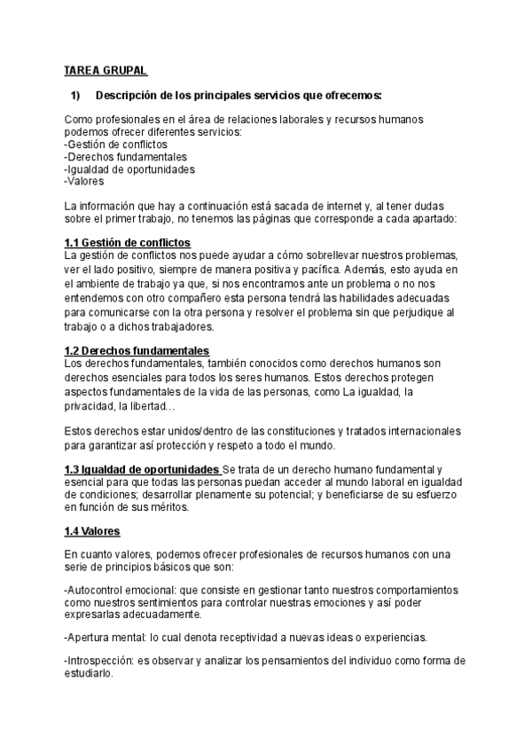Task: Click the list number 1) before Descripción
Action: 75,96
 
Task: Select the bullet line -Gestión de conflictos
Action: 116,144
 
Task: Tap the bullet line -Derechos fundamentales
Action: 126,156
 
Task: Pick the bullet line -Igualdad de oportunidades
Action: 129,168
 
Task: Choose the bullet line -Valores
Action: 85,181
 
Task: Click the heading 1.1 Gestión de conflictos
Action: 128,242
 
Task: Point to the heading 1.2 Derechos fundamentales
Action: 137,350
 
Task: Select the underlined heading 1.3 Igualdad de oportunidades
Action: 143,468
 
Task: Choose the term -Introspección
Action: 101,661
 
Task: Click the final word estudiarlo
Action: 90,673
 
